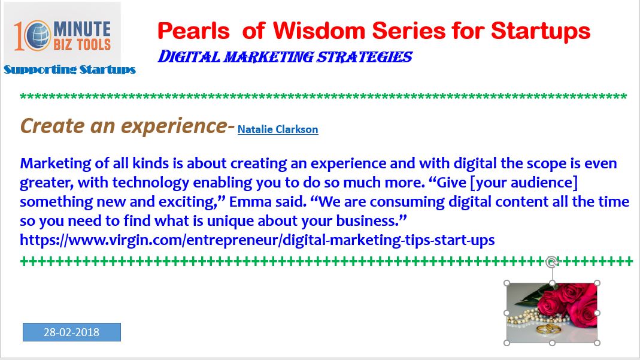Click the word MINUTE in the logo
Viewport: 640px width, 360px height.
pos(82,29)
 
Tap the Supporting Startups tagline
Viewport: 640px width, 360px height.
pos(70,69)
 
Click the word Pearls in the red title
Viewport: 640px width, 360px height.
pos(193,31)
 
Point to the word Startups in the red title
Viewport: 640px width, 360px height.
pos(541,32)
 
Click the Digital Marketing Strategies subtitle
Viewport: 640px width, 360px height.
pos(285,57)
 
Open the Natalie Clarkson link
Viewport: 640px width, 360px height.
pos(278,129)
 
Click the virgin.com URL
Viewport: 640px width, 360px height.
pos(257,240)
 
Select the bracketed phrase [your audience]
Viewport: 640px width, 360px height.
pos(524,183)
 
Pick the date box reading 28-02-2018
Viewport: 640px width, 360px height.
pos(72,332)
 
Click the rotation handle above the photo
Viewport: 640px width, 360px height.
pos(552,262)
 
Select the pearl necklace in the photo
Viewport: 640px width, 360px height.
pos(526,317)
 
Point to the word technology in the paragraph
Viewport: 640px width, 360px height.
pos(151,183)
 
